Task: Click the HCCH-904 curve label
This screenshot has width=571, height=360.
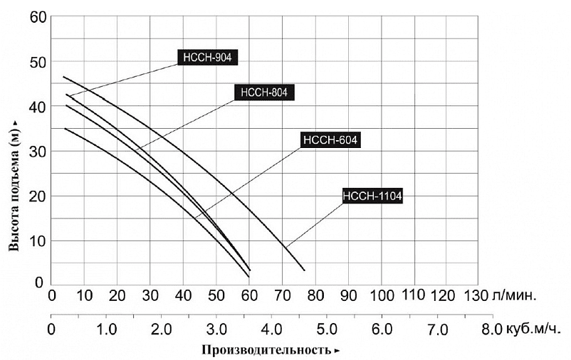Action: point(207,58)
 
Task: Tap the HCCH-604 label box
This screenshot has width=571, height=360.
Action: point(330,140)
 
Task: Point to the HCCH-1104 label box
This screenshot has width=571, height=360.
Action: point(372,196)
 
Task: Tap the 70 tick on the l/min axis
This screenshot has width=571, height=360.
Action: point(283,294)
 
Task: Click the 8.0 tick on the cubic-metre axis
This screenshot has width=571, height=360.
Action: point(492,330)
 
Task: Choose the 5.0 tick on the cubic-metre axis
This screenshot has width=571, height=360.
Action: point(326,330)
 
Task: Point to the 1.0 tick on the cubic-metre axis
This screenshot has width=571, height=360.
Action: point(106,330)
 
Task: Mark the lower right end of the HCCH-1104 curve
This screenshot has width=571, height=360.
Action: point(304,270)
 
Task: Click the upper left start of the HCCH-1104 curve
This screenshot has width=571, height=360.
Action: point(63,77)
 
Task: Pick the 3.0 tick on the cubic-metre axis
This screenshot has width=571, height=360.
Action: point(216,330)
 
